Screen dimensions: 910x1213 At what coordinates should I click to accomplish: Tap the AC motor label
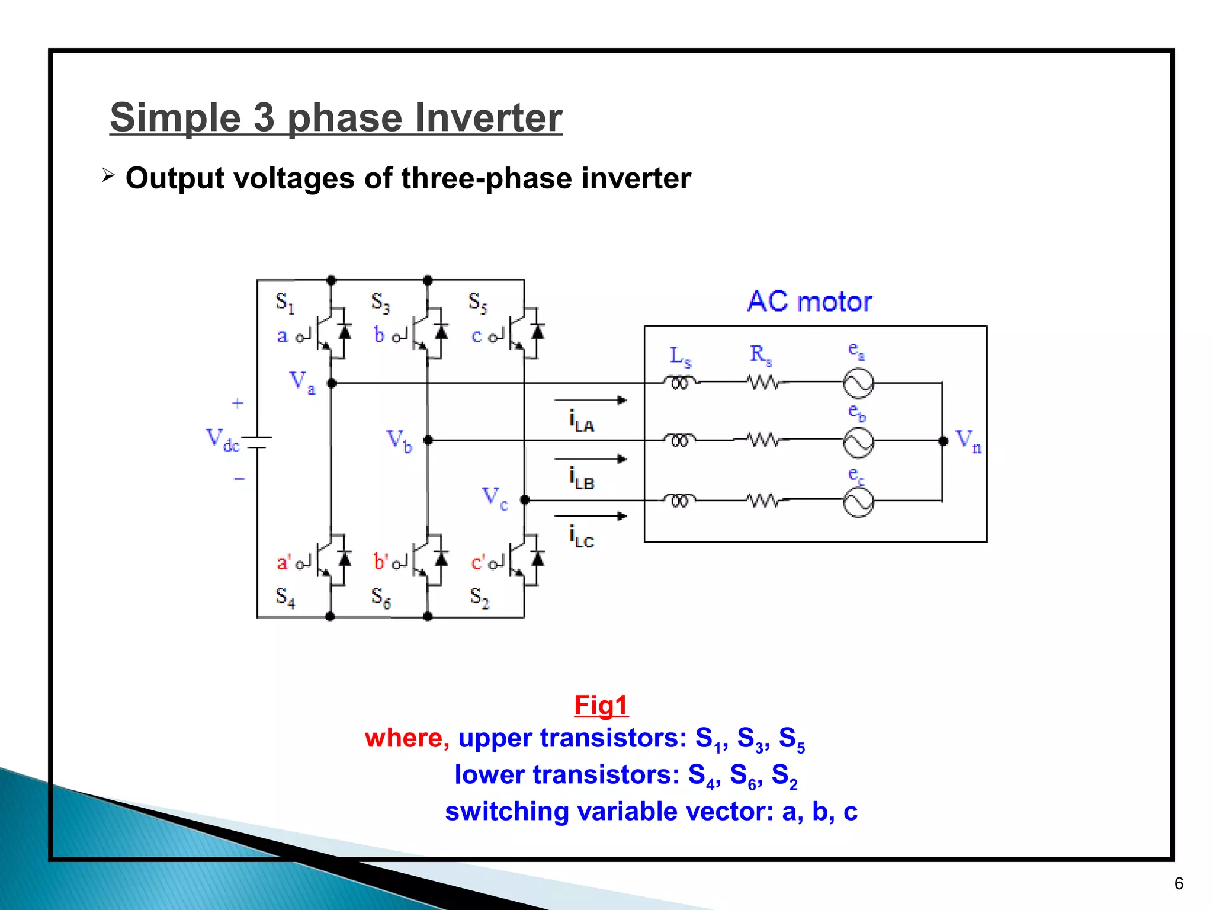tap(809, 302)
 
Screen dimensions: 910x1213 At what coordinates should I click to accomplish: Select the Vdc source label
tap(222, 440)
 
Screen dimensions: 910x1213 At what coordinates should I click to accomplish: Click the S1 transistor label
tap(285, 302)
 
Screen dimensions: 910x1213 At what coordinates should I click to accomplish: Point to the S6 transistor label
tap(381, 597)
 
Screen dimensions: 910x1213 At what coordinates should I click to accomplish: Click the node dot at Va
tap(332, 383)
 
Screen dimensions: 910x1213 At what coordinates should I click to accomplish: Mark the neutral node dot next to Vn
tap(943, 441)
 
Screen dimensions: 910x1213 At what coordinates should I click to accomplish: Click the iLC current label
tap(581, 536)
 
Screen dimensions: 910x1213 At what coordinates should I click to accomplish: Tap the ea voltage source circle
tap(858, 383)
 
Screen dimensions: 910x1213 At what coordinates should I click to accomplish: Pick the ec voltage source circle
tap(858, 502)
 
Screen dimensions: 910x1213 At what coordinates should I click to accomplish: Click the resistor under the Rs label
tap(763, 383)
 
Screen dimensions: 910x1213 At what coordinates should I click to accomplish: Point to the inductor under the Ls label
tap(679, 383)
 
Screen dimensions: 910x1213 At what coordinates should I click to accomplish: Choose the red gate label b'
tap(381, 562)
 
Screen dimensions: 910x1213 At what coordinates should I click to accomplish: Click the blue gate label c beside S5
tap(476, 336)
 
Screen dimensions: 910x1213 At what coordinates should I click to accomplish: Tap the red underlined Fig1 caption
tap(601, 706)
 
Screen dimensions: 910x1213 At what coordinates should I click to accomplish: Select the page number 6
tap(1179, 883)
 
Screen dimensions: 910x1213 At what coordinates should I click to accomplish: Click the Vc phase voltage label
tap(495, 498)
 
